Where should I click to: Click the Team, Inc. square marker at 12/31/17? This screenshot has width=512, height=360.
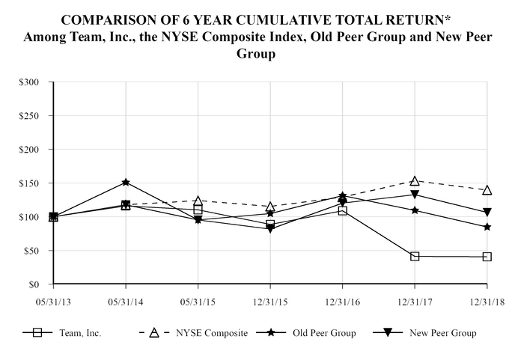[x=415, y=257]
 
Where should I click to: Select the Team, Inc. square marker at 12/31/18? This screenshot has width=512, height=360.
[x=487, y=257]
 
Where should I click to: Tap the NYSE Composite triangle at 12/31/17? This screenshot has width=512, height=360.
[x=415, y=181]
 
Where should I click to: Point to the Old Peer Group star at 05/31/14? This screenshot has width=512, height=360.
[x=126, y=182]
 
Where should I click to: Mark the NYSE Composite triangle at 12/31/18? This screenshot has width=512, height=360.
[x=487, y=190]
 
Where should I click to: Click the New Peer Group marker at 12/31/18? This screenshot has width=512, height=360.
[x=487, y=213]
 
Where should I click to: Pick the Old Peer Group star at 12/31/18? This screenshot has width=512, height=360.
[x=487, y=227]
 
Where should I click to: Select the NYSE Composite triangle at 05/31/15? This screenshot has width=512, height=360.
[x=198, y=201]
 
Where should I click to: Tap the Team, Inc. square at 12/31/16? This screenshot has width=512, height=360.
[x=342, y=211]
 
